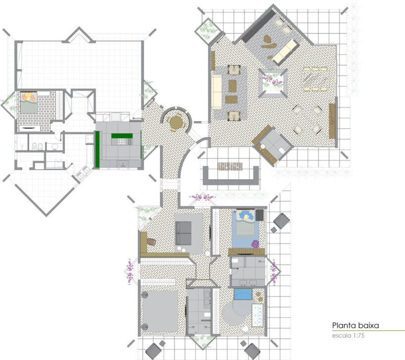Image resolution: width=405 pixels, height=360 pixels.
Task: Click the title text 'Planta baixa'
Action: pos(355,325)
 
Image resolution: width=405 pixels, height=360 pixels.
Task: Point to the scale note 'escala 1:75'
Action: pos(349,336)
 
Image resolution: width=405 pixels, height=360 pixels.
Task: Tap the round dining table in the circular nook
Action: pos(175,121)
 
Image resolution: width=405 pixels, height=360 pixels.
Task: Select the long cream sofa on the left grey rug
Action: pos(216,91)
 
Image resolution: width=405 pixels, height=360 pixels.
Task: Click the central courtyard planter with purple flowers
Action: pos(273,82)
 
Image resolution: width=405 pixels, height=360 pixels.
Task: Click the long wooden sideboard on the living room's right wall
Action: pos(332,121)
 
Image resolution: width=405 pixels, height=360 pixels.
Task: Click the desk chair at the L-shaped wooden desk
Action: pos(151,241)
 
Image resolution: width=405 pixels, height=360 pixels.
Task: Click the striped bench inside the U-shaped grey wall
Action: pos(230,165)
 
